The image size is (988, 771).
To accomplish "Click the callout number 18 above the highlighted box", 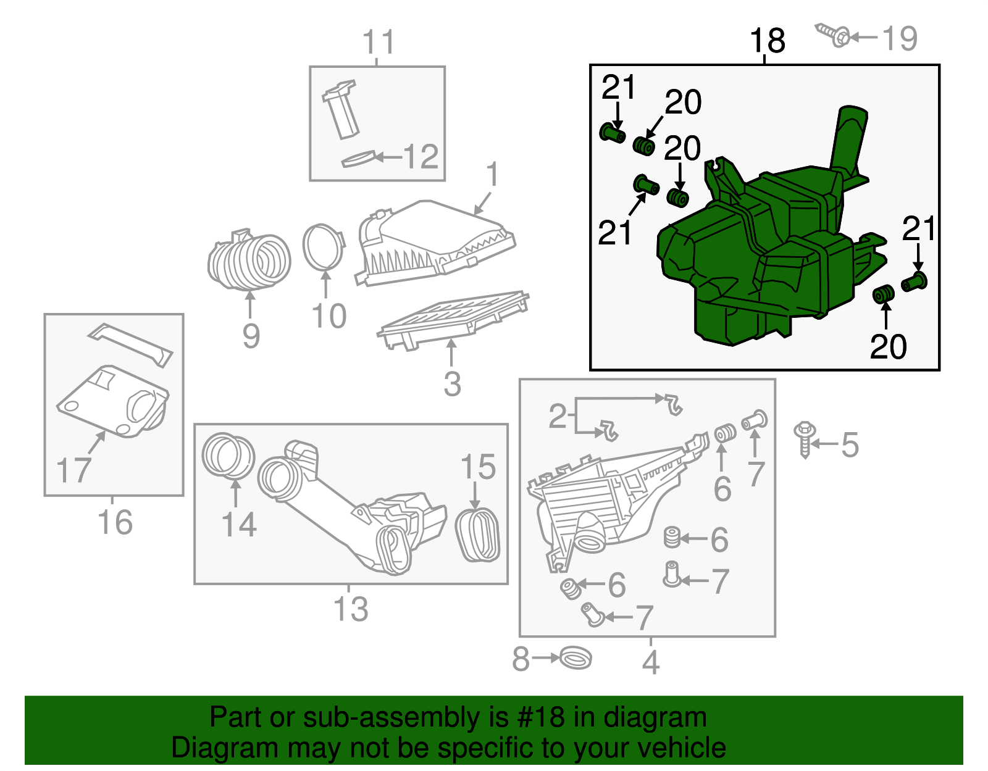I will [x=767, y=41].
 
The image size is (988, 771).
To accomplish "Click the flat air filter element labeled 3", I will [x=454, y=317].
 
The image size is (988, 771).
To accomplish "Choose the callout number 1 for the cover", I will [x=492, y=175].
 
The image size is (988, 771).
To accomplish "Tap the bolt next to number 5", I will [x=804, y=438].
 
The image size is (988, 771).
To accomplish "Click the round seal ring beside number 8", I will [x=576, y=657].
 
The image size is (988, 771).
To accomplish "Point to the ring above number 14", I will [x=228, y=457].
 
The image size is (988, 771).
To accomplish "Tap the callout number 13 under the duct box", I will [x=351, y=609].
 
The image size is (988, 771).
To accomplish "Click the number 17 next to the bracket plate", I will [x=73, y=470].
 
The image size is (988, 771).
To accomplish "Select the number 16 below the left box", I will [x=115, y=522].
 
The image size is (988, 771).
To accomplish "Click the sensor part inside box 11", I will [x=341, y=109].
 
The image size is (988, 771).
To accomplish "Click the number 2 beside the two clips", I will [x=557, y=417].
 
